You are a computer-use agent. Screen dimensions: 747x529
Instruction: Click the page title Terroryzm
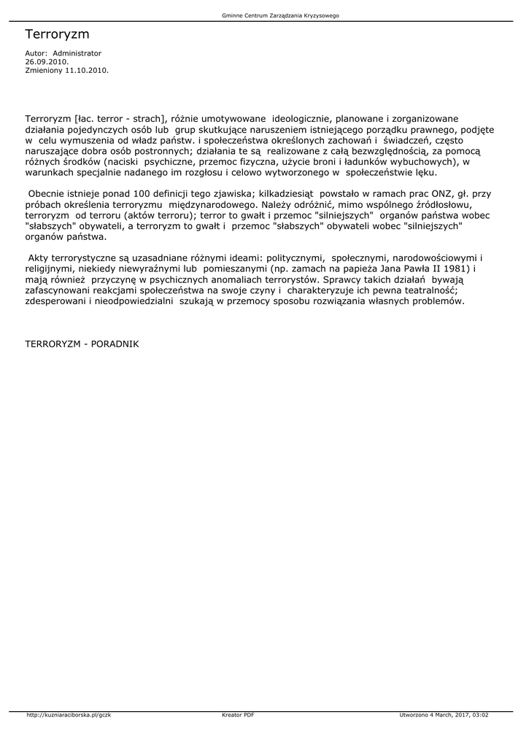point(57,35)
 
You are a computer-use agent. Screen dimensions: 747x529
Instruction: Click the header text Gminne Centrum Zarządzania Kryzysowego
point(280,15)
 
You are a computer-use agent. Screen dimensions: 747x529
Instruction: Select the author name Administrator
point(77,53)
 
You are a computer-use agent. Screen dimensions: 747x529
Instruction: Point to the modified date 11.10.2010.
point(87,71)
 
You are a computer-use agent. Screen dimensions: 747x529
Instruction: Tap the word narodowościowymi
point(430,258)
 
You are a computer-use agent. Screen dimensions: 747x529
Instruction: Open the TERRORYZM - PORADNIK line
point(82,342)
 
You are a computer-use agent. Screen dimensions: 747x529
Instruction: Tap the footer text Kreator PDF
point(238,714)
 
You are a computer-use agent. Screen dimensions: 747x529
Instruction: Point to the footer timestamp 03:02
point(479,714)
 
